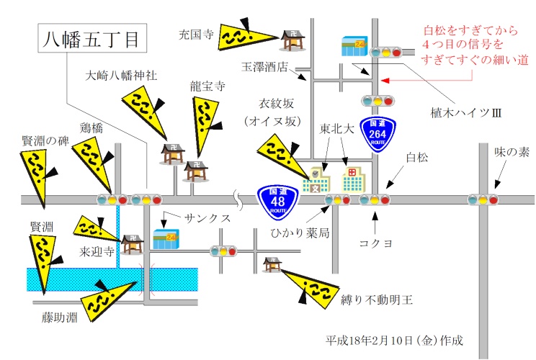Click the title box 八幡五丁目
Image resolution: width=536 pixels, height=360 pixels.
click(x=91, y=38)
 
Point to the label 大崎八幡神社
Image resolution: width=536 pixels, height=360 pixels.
click(x=121, y=74)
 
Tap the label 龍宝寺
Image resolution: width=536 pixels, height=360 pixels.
click(x=207, y=85)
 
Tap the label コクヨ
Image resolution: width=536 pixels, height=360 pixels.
click(x=375, y=243)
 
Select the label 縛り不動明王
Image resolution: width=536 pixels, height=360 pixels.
click(x=376, y=299)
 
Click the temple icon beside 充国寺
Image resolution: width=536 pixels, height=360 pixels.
click(x=291, y=40)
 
